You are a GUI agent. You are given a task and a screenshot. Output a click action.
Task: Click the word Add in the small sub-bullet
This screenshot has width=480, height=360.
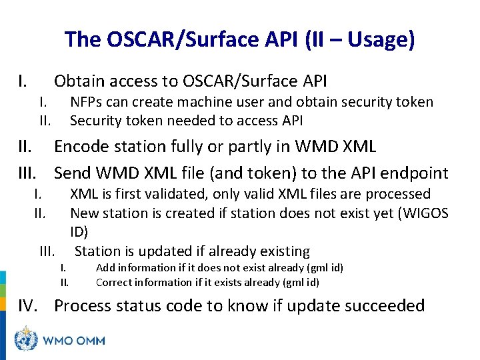[x=105, y=268]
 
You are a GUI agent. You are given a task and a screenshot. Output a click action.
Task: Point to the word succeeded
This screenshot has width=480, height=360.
[x=383, y=306]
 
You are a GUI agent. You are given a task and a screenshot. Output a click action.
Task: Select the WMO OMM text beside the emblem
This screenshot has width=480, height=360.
[x=73, y=341]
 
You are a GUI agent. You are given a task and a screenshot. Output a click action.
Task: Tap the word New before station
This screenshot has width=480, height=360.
[x=83, y=213]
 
